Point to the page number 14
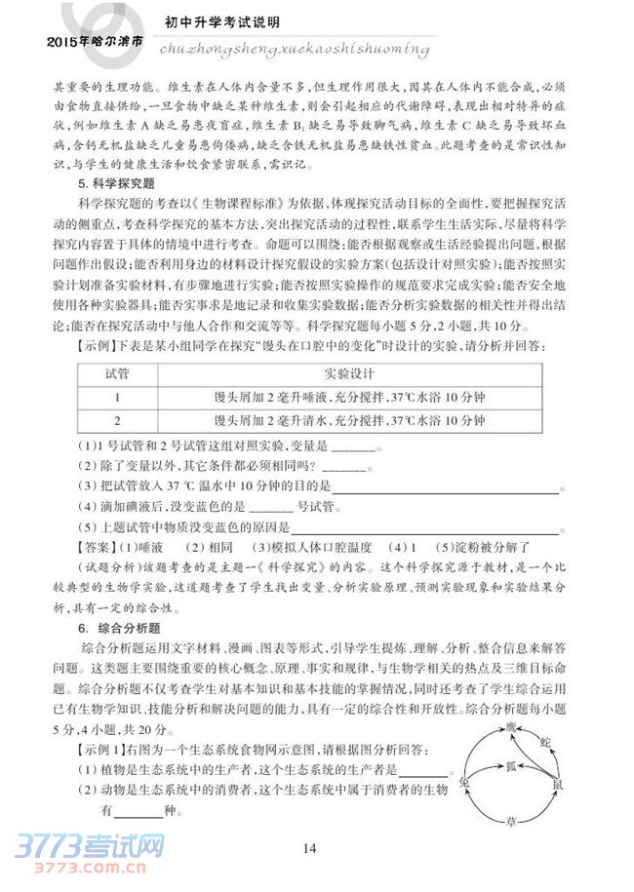pyautogui.click(x=310, y=848)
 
